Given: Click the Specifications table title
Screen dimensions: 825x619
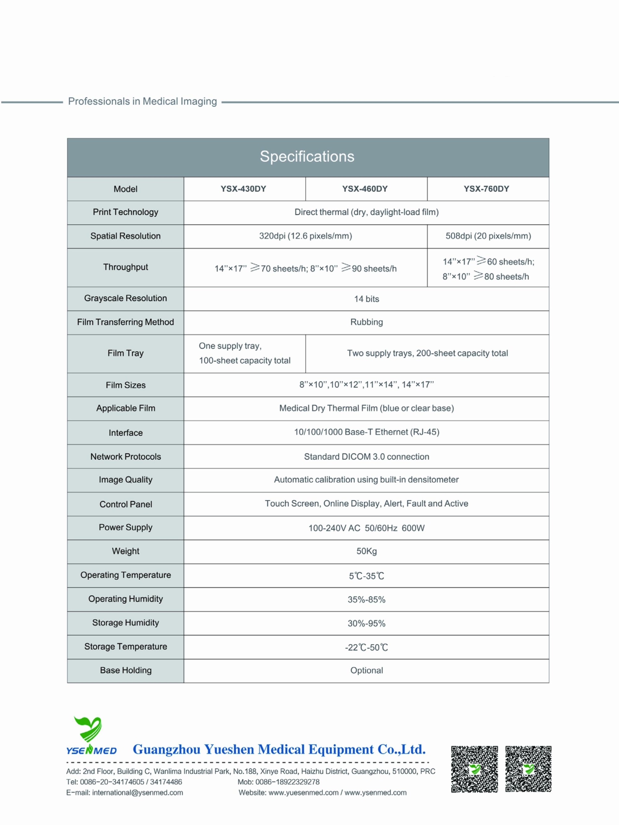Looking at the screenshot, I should [307, 157].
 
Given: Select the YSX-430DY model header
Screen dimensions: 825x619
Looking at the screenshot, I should [243, 189].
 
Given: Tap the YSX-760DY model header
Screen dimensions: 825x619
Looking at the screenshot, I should [487, 189].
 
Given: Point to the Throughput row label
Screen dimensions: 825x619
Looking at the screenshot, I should [125, 267].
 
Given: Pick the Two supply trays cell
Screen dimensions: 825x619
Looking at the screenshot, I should [427, 353].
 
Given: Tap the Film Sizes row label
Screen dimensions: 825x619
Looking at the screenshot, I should [125, 385].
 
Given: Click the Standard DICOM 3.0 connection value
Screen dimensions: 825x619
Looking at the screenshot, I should [366, 457].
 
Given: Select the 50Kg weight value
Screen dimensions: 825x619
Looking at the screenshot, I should [366, 551].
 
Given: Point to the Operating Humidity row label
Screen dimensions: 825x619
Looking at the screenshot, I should [125, 599].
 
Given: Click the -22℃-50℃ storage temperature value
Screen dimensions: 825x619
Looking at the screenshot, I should [366, 648].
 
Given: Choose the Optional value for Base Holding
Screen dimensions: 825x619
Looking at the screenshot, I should [366, 670].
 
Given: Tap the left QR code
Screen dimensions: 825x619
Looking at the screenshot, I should [474, 769].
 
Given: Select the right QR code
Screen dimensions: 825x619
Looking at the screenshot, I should [528, 769].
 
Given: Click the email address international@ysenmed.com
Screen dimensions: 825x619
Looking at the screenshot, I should [137, 793].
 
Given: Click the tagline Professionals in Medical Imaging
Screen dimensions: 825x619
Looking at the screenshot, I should [142, 101].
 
